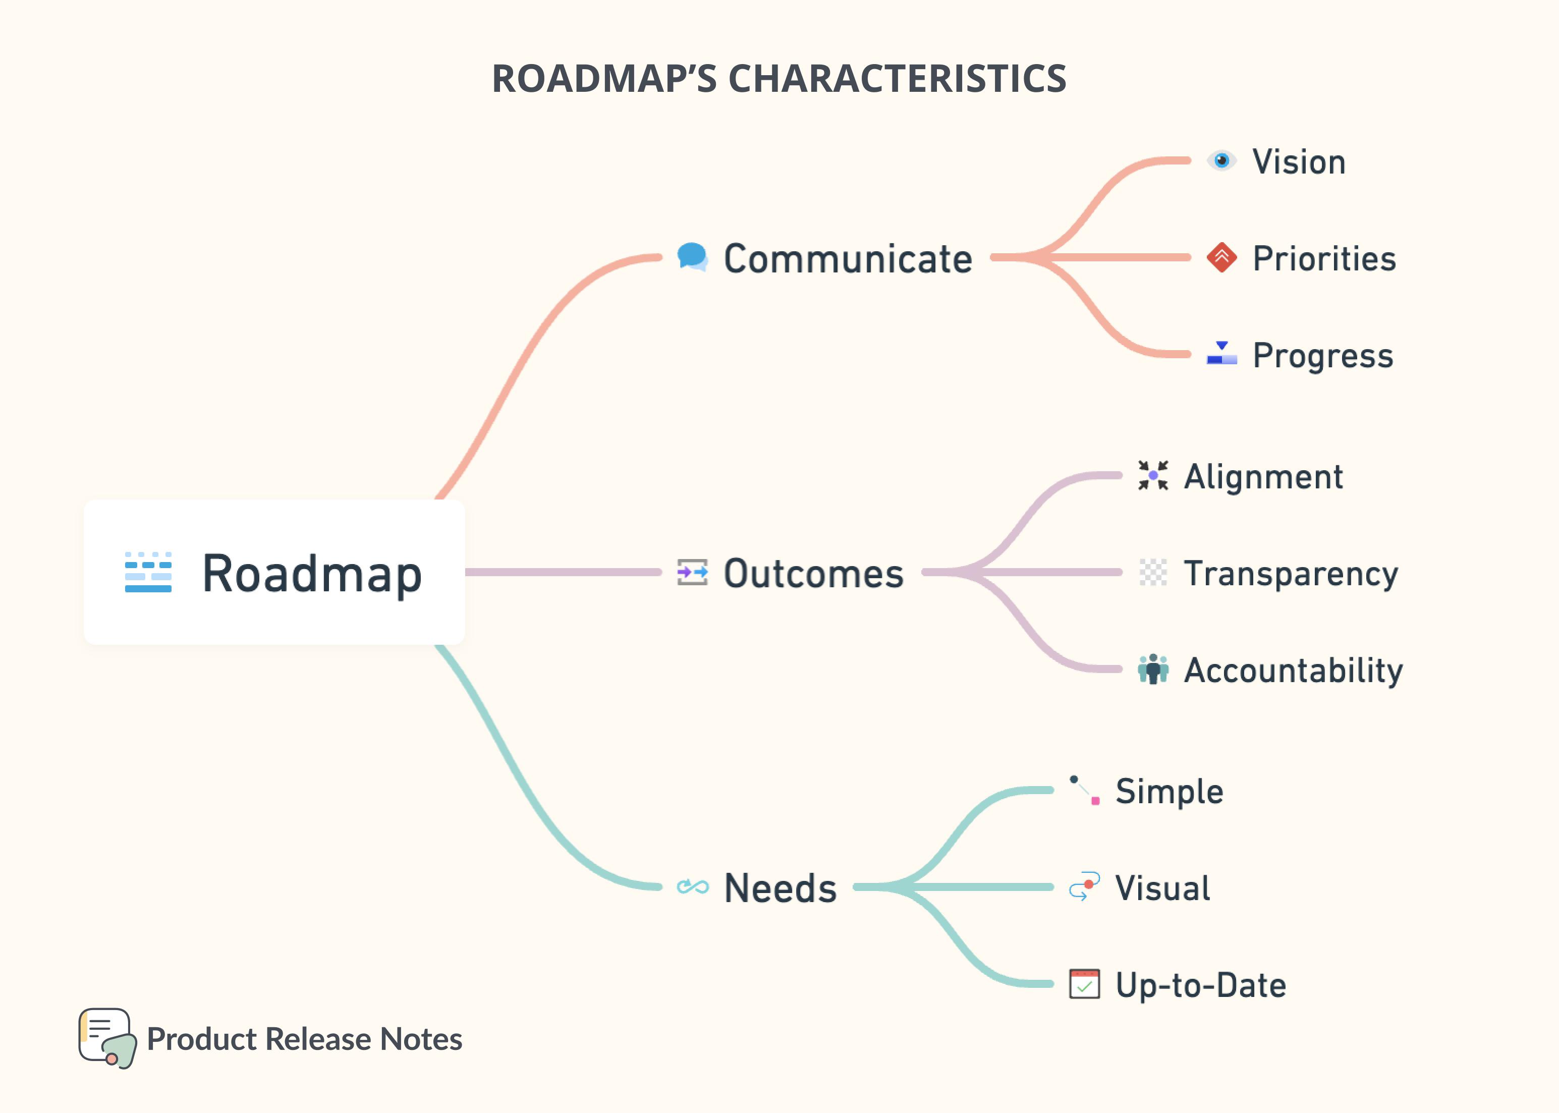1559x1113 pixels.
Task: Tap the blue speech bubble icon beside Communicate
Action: pos(692,257)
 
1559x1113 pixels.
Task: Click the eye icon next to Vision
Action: pos(1220,161)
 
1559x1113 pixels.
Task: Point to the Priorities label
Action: pos(1323,259)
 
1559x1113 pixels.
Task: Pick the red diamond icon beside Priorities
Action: pos(1221,258)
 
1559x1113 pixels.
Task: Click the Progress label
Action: pos(1322,356)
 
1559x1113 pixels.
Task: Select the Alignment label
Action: pos(1263,477)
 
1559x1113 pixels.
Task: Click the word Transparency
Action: pos(1291,574)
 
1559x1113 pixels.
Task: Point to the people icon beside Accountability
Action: pos(1153,669)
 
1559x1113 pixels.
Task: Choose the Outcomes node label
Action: pos(813,574)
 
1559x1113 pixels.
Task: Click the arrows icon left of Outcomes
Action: pos(692,572)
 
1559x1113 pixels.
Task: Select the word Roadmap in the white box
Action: pos(312,574)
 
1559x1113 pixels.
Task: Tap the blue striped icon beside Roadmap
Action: pos(148,572)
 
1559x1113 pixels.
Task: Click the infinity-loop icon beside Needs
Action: pos(692,887)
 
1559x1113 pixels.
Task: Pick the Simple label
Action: pos(1169,792)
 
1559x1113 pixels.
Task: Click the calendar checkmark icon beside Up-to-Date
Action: pos(1084,984)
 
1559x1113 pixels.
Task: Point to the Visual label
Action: pos(1162,888)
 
